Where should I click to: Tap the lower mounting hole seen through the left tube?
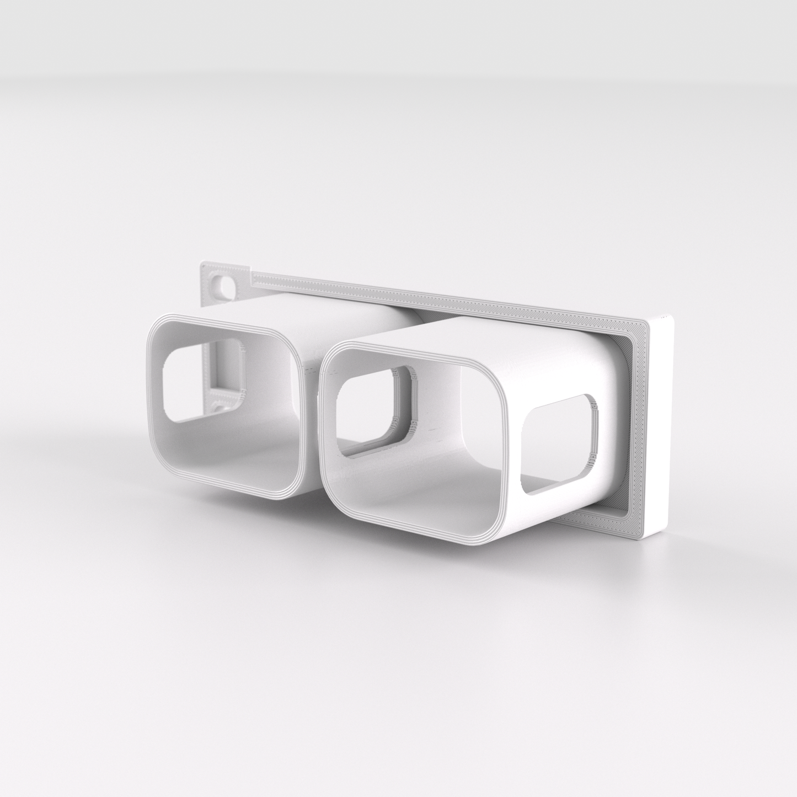click(x=222, y=407)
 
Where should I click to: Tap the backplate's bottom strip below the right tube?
click(x=596, y=518)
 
